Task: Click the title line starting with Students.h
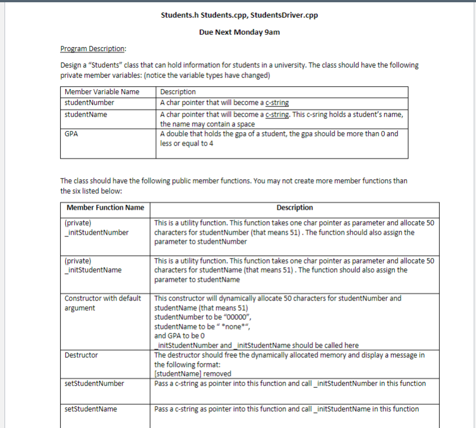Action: [x=239, y=15]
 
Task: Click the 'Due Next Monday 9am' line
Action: [x=239, y=32]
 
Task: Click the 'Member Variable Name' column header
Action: [x=101, y=92]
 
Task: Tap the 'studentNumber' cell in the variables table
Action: [x=89, y=103]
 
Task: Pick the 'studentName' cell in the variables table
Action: [x=86, y=115]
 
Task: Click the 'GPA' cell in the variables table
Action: [x=71, y=134]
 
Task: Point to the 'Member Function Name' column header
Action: [x=105, y=207]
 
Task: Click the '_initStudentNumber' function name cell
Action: [x=96, y=232]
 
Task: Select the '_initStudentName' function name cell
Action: [x=93, y=270]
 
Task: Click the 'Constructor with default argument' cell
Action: [x=103, y=303]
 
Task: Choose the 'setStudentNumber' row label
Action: [x=94, y=384]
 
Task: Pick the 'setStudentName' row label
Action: [x=91, y=409]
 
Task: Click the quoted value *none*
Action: [x=233, y=327]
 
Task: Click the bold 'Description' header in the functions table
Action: [x=295, y=207]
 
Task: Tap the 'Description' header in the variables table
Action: [x=178, y=92]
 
